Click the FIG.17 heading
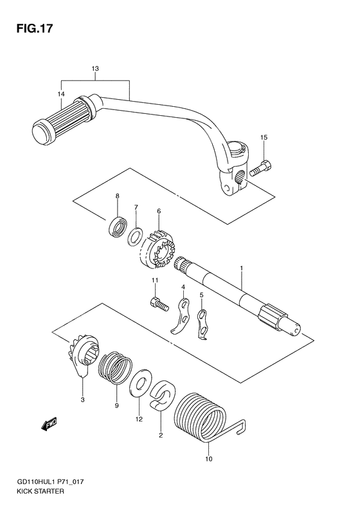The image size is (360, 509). coord(34,29)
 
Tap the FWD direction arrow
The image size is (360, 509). coord(50,423)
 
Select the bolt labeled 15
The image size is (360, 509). coord(261,168)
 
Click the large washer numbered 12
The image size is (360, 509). coord(140,383)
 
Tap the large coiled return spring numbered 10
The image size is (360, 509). coord(203,417)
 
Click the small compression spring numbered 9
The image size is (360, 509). coord(116,368)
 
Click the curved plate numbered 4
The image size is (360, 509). coord(181,316)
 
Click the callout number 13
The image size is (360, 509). coord(95,69)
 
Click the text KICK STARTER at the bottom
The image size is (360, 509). coord(41,491)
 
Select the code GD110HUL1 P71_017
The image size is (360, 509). coord(51,482)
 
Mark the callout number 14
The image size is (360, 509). coord(61,94)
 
